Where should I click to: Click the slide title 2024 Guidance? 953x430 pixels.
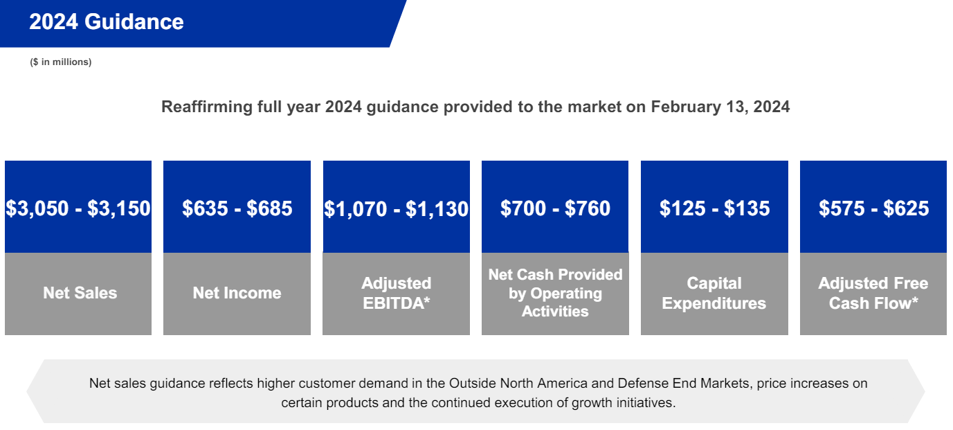[106, 21]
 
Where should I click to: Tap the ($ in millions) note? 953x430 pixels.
[60, 62]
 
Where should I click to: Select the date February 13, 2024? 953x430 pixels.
[720, 107]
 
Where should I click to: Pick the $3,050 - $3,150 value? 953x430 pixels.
[78, 208]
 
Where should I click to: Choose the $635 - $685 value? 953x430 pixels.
[237, 208]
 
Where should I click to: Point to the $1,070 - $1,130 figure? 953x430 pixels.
[397, 208]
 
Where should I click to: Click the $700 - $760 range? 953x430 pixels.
[555, 208]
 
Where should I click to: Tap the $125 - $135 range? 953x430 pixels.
[714, 208]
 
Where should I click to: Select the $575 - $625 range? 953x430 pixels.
[873, 208]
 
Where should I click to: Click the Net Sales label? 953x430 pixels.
[80, 293]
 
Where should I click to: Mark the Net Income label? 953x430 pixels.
[237, 293]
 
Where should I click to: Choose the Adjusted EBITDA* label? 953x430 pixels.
[397, 293]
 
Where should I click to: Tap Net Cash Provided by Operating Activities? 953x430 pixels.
[555, 293]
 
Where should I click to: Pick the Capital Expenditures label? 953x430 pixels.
[714, 293]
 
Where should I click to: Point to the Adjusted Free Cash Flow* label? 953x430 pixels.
[873, 293]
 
